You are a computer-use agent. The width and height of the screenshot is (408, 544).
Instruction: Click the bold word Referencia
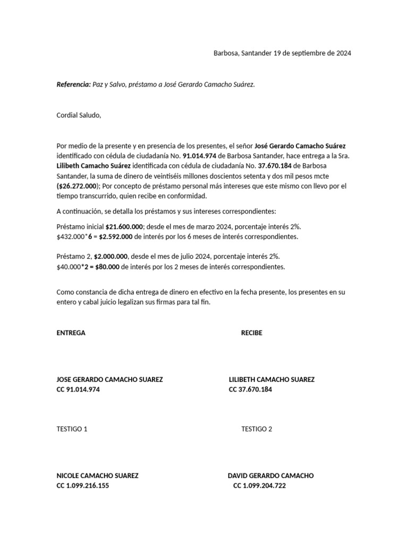[73, 84]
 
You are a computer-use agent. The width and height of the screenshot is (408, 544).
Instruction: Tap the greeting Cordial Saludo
[79, 115]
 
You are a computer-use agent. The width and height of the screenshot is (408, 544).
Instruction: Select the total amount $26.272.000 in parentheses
[78, 186]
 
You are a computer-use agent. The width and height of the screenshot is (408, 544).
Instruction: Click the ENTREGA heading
[71, 333]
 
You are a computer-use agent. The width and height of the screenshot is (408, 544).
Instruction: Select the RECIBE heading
[252, 333]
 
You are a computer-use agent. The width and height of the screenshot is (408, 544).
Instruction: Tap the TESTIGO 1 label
[72, 429]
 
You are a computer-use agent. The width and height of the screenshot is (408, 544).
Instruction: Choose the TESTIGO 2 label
[257, 429]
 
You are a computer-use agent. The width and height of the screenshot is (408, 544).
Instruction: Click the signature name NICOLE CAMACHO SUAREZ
[97, 476]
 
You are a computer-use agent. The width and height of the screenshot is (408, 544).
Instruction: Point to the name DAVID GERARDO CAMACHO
[270, 476]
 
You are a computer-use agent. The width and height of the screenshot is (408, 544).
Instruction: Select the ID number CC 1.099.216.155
[83, 486]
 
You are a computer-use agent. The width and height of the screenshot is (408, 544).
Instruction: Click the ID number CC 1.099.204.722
[259, 486]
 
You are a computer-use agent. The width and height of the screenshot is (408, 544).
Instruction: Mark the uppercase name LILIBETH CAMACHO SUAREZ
[271, 380]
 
